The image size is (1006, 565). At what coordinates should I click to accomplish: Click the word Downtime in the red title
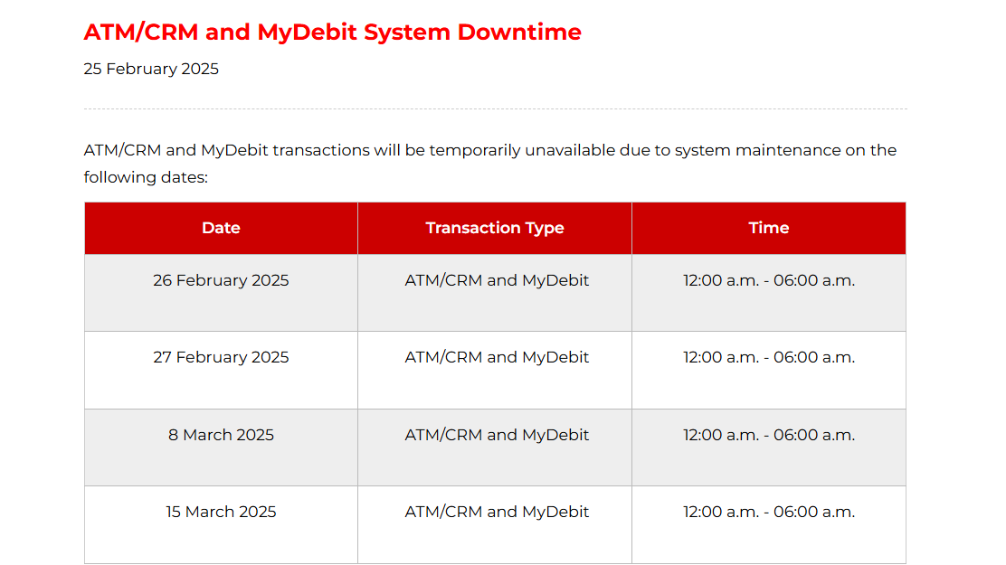pyautogui.click(x=519, y=32)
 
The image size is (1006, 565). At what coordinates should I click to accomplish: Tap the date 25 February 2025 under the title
pyautogui.click(x=151, y=69)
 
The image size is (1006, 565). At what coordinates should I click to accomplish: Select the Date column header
pyautogui.click(x=221, y=228)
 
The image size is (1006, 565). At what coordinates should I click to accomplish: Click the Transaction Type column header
pyautogui.click(x=495, y=228)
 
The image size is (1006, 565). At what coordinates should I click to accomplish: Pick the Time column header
pyautogui.click(x=769, y=228)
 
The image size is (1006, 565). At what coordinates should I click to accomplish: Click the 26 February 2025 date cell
pyautogui.click(x=221, y=280)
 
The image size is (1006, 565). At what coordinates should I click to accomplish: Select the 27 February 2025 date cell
pyautogui.click(x=221, y=357)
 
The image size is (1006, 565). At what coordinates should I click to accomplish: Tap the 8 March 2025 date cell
pyautogui.click(x=221, y=435)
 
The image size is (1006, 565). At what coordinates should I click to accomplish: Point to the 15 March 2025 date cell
pyautogui.click(x=221, y=512)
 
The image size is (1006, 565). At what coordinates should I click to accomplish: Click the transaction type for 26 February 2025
pyautogui.click(x=497, y=280)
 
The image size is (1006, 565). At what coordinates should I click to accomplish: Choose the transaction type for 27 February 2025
pyautogui.click(x=497, y=357)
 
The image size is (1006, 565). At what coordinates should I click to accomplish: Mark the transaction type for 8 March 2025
pyautogui.click(x=497, y=435)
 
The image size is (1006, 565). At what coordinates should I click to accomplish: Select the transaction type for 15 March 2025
pyautogui.click(x=497, y=512)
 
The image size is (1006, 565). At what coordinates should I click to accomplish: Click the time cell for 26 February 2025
pyautogui.click(x=769, y=280)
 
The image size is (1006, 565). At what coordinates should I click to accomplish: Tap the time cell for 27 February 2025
pyautogui.click(x=769, y=357)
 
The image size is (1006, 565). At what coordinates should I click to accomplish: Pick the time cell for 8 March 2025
pyautogui.click(x=769, y=435)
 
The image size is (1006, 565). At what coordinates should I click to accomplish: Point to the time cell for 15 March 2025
pyautogui.click(x=769, y=512)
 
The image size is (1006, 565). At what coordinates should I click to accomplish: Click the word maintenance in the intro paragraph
pyautogui.click(x=788, y=150)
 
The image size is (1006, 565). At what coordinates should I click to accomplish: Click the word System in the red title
pyautogui.click(x=407, y=32)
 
